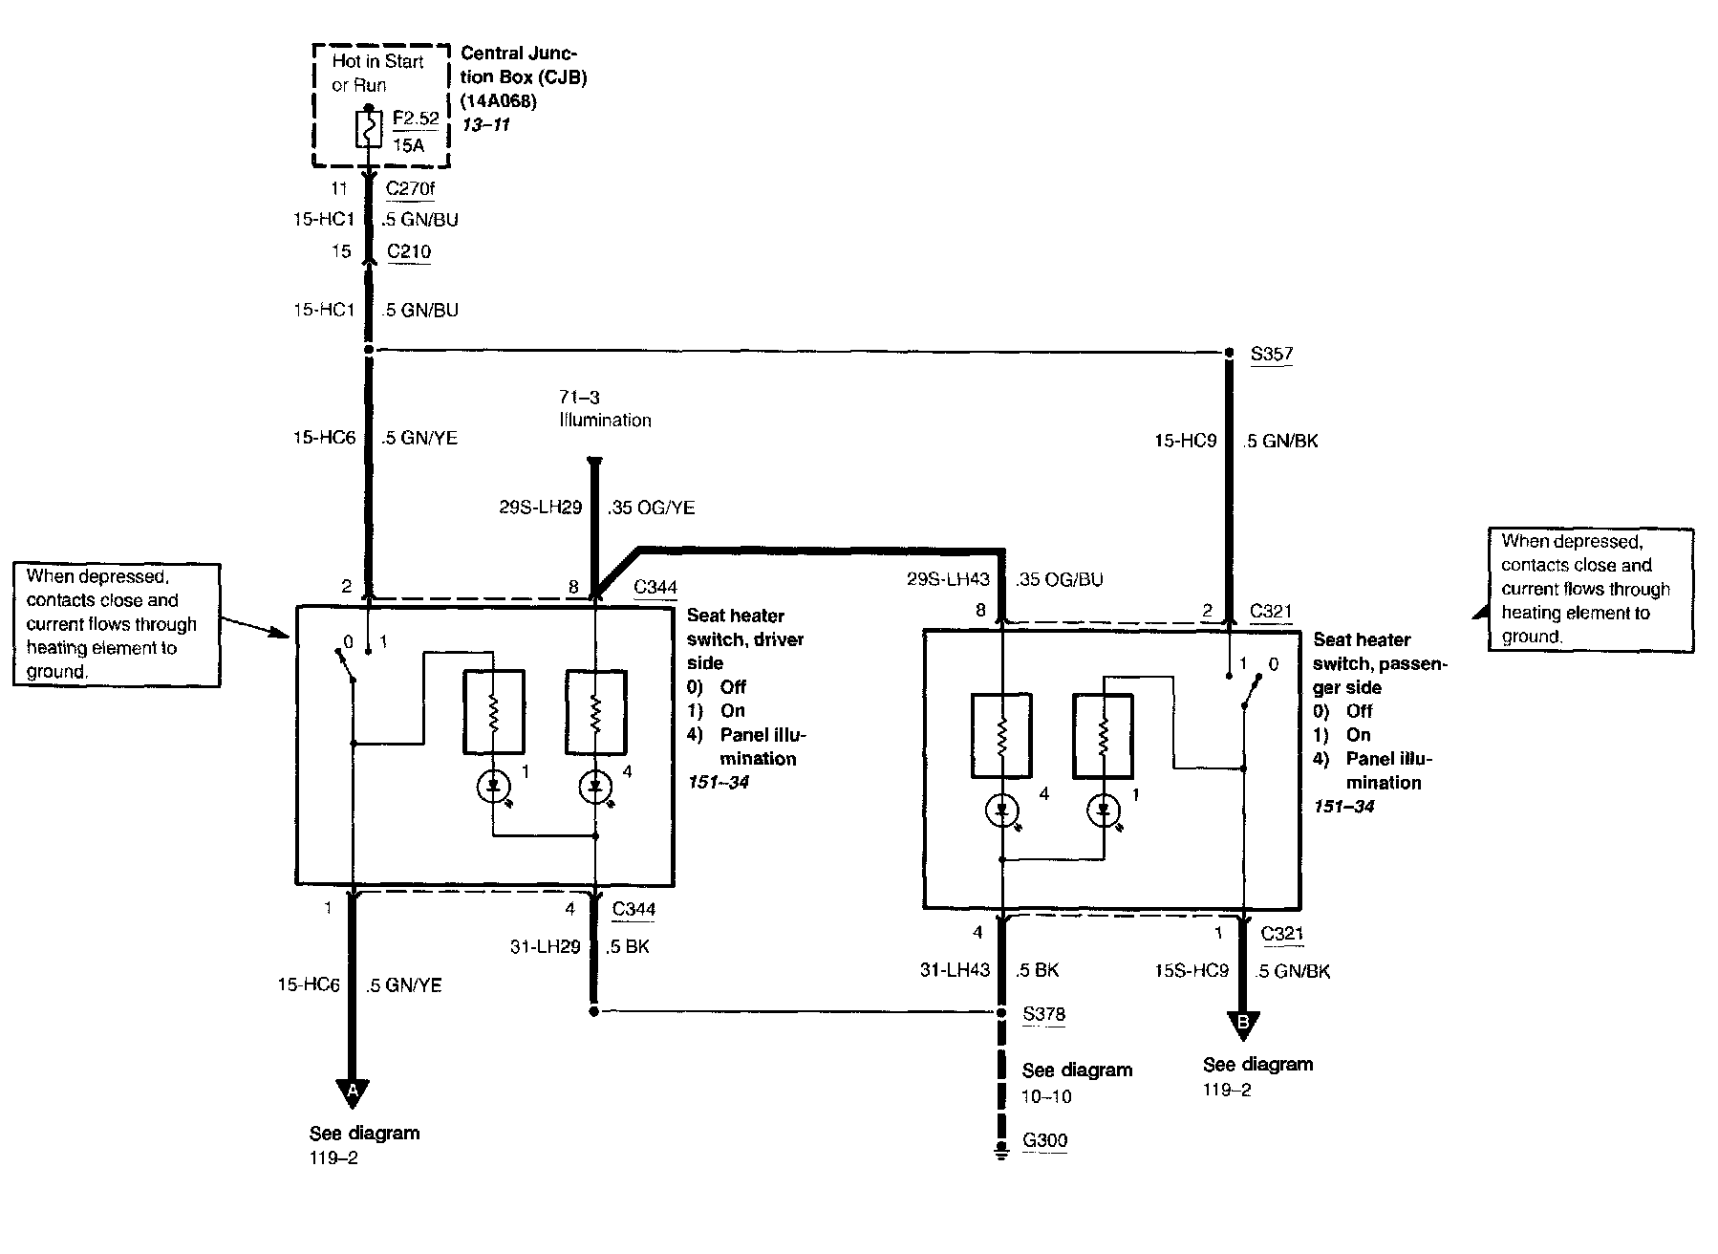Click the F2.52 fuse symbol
click(x=369, y=130)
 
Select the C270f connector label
click(x=410, y=189)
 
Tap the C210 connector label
click(x=409, y=252)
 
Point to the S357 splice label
click(x=1272, y=354)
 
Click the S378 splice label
click(x=1043, y=1014)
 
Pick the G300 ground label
click(x=1044, y=1140)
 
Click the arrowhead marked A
click(x=353, y=1091)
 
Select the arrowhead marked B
click(x=1243, y=1025)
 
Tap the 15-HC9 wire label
click(x=1185, y=442)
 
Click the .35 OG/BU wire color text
click(x=1060, y=580)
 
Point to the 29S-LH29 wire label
click(x=540, y=508)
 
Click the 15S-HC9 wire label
click(x=1191, y=971)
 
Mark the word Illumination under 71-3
click(x=606, y=420)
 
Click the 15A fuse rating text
click(x=408, y=145)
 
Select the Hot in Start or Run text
click(x=377, y=73)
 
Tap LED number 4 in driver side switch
click(x=596, y=788)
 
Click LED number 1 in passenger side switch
click(x=1104, y=811)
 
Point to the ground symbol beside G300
click(x=1001, y=1150)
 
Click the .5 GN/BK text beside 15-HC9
click(x=1280, y=442)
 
